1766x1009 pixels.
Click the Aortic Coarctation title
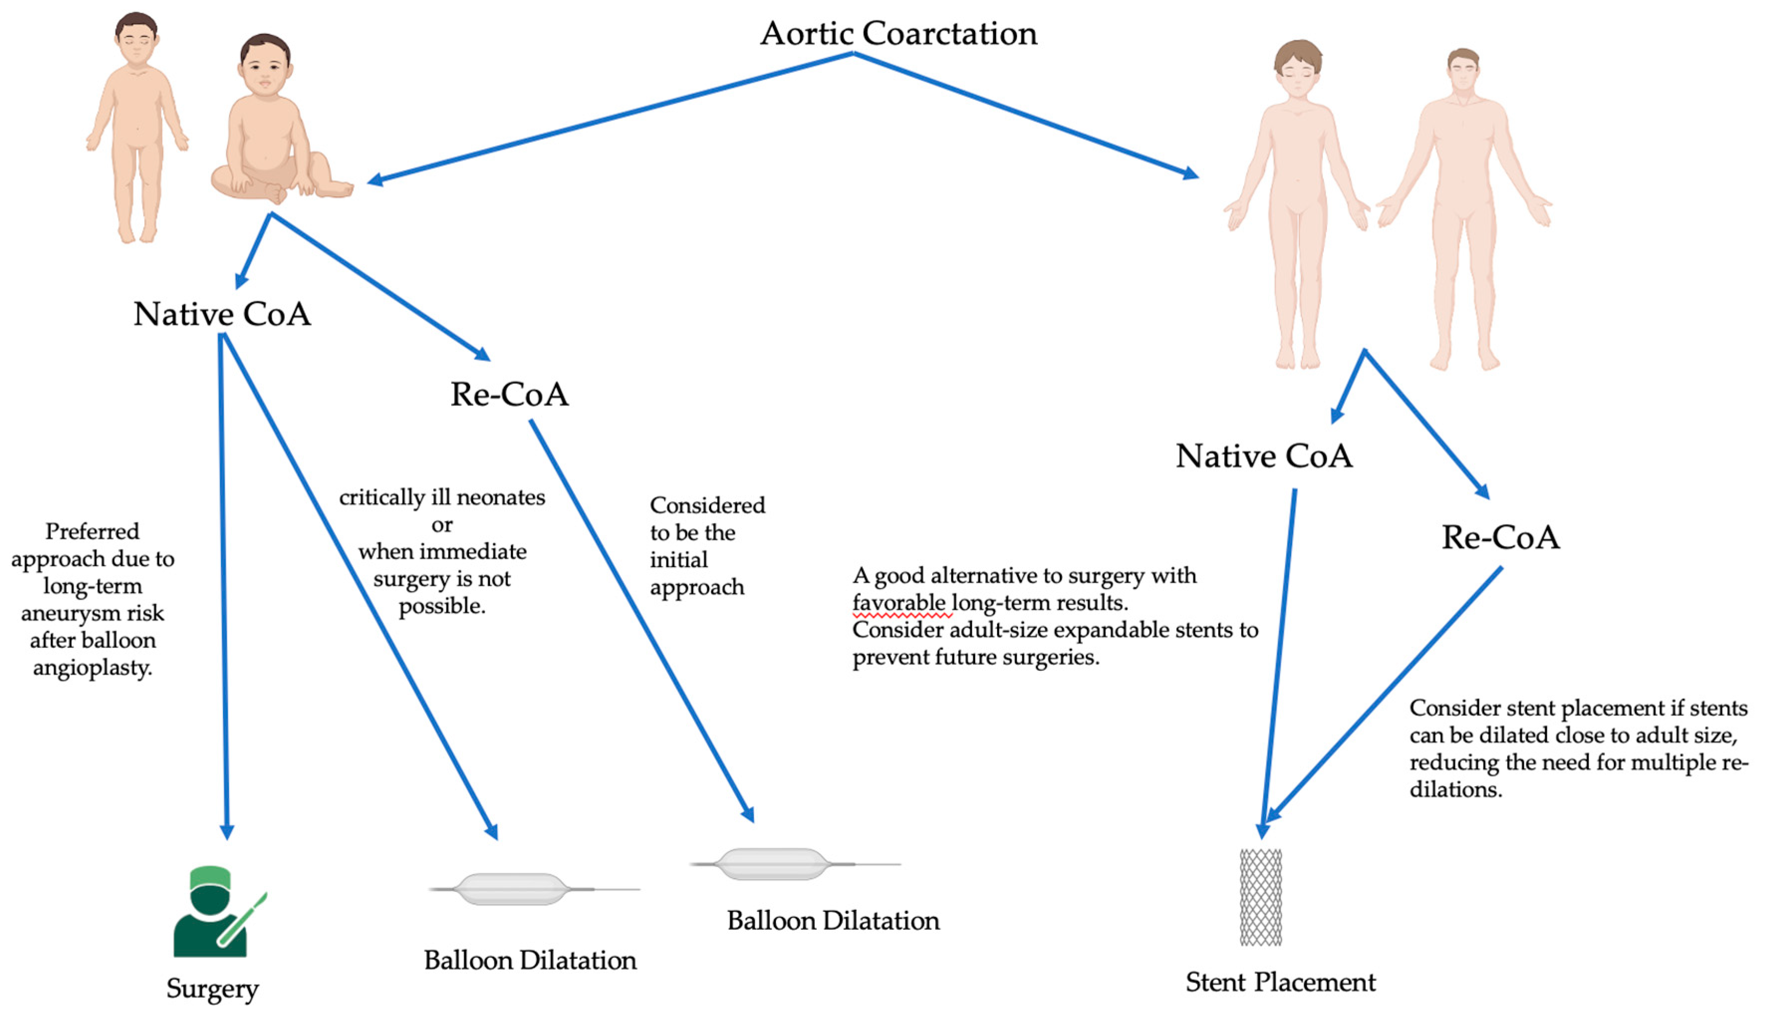(898, 33)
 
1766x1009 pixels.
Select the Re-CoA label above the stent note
(1501, 537)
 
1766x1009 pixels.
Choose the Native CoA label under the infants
(222, 314)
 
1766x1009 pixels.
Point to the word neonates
(501, 498)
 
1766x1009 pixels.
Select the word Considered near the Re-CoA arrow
(707, 505)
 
